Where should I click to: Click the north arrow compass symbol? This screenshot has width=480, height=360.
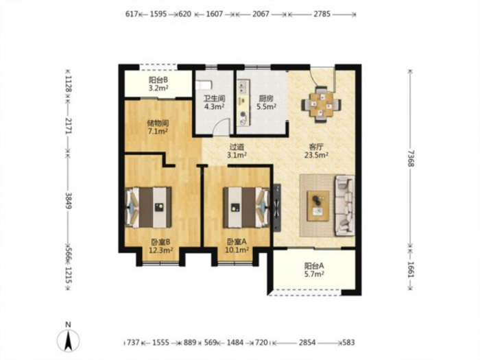(68, 340)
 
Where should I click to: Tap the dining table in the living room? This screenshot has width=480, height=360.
(321, 105)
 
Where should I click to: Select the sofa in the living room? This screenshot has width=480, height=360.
(346, 206)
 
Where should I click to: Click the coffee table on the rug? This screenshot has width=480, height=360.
(319, 206)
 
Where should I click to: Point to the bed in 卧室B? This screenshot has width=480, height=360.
(149, 207)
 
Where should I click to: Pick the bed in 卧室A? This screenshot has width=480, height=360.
(246, 207)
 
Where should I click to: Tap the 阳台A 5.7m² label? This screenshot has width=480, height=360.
(314, 269)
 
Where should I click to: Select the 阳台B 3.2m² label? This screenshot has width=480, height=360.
(158, 84)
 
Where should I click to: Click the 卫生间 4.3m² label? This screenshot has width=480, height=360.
(215, 103)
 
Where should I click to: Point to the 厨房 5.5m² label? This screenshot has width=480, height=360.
(266, 103)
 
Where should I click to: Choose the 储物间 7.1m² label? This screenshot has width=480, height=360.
(158, 127)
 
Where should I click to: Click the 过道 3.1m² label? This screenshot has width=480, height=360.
(237, 151)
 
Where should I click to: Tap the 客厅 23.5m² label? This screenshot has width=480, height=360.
(316, 150)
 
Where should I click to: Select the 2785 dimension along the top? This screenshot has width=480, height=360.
(322, 14)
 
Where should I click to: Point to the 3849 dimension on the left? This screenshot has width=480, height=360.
(69, 201)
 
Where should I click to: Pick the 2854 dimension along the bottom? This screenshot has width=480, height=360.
(307, 342)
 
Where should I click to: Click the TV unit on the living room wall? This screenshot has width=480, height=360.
(277, 207)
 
